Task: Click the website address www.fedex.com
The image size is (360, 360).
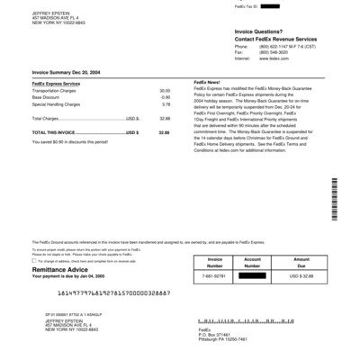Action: (248, 58)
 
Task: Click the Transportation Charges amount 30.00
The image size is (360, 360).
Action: (165, 91)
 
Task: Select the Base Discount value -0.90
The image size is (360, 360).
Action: (165, 97)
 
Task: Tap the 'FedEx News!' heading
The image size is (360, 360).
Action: (206, 82)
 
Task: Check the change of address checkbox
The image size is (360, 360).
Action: (34, 261)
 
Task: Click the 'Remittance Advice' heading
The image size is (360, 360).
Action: (60, 268)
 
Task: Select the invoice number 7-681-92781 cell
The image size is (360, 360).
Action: (214, 275)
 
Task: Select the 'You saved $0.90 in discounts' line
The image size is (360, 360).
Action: (69, 141)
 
